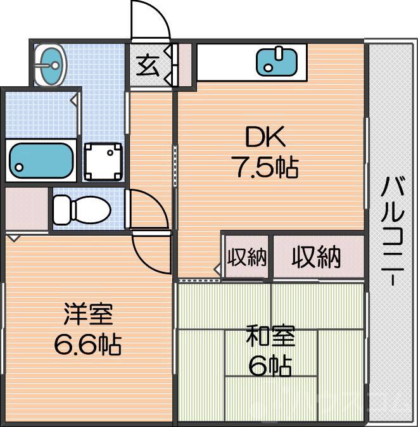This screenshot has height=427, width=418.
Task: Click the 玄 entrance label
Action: point(148,66)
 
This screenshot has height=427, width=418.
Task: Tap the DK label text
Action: point(265,137)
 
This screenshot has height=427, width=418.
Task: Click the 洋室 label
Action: point(88,314)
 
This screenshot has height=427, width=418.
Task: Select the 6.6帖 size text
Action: point(87,344)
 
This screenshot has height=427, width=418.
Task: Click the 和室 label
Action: point(270,335)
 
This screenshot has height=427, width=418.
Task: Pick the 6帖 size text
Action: point(270,366)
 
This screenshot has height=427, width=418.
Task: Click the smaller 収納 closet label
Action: point(247,257)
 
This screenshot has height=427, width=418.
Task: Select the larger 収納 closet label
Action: point(316,257)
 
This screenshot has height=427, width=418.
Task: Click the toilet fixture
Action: point(82,210)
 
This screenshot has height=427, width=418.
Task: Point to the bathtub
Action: point(41,161)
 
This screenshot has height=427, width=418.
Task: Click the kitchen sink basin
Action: point(276,62)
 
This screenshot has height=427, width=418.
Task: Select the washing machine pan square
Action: point(103,162)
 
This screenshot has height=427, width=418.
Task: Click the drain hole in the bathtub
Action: point(19,167)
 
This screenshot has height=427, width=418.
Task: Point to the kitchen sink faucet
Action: point(278,54)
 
